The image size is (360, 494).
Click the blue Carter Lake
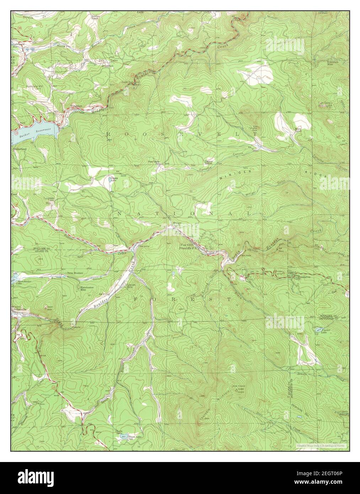click(318, 330)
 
